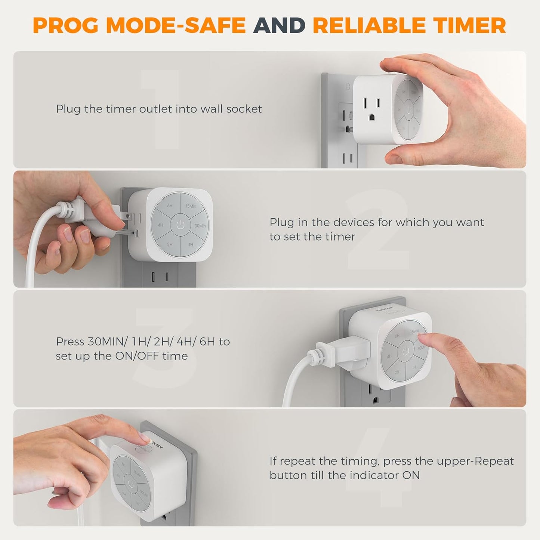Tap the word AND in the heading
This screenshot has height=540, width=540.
pos(279,25)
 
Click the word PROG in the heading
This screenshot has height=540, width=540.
pos(66,25)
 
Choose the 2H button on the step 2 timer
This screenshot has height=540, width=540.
pos(170,245)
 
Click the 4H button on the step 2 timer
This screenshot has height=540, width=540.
pos(160,225)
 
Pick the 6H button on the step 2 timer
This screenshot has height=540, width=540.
pos(170,206)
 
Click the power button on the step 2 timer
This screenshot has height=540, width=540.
pos(180,225)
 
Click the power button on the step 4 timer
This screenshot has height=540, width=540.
pos(130,485)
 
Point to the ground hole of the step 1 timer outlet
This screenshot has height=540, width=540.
pos(372,117)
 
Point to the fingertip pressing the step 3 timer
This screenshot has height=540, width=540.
pos(421,339)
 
